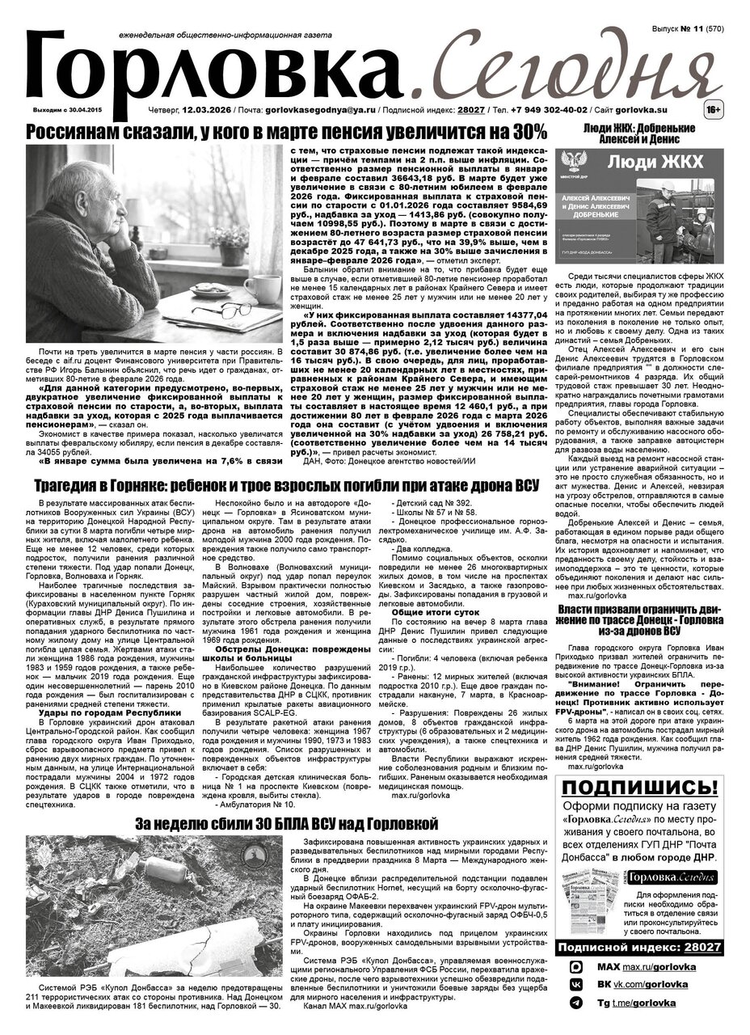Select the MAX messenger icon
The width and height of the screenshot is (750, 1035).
coord(575,967)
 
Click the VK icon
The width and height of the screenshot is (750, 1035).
coord(575,985)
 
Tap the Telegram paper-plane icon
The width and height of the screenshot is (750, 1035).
coord(575,1003)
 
